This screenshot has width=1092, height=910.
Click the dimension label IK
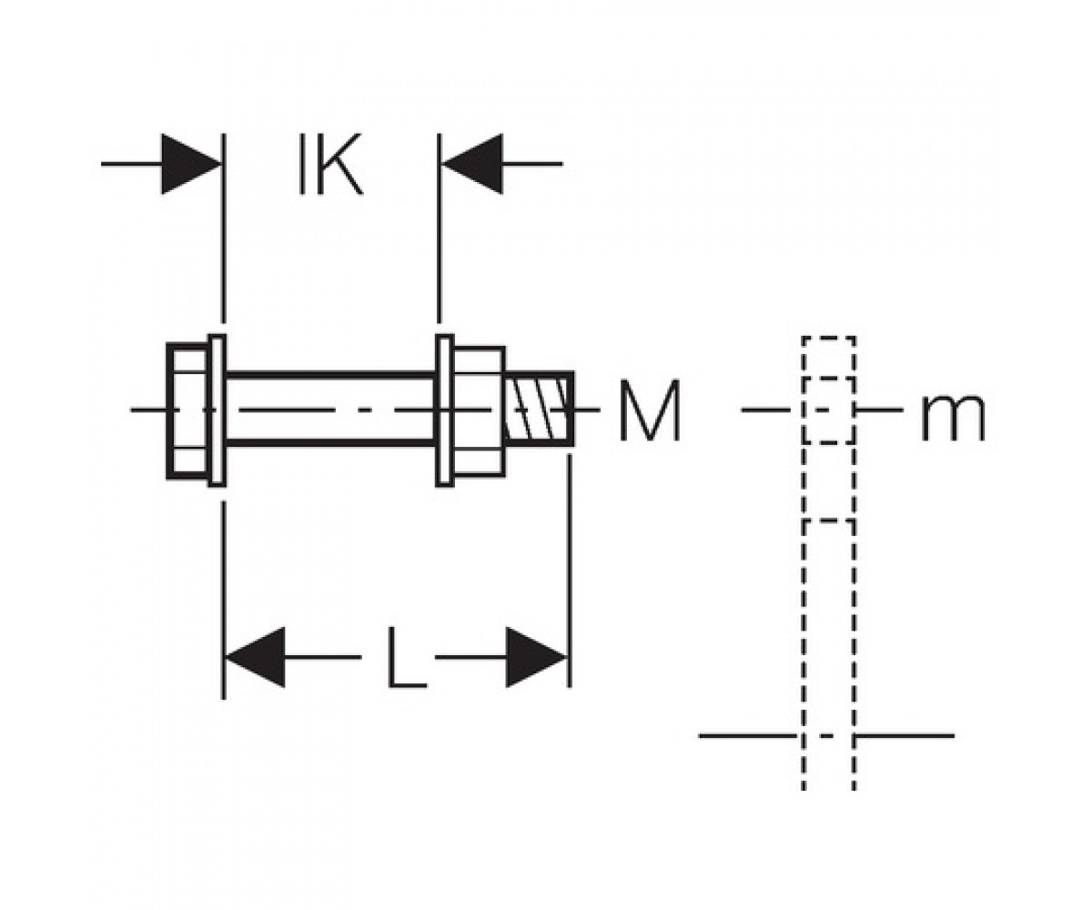coord(329,164)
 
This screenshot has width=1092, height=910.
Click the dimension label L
coord(407,657)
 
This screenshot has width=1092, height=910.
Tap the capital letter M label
coord(649,409)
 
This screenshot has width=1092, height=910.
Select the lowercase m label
coord(953,418)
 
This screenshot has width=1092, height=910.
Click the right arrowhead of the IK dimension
coord(471,164)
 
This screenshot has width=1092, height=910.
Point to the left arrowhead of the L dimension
coord(255,657)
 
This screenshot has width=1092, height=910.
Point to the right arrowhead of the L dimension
coord(537,657)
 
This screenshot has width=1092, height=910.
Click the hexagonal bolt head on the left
coord(187,411)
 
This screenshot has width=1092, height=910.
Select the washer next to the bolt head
coord(217,410)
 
